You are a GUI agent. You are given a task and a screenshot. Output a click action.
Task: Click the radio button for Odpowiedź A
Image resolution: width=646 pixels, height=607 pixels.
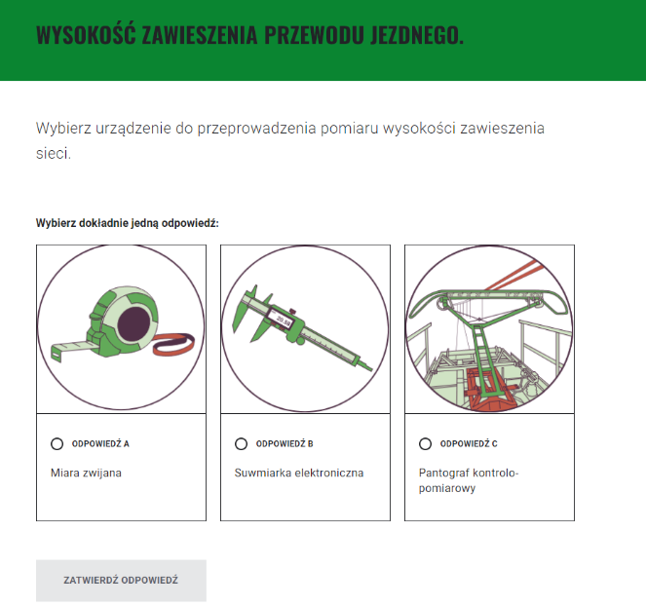(57, 444)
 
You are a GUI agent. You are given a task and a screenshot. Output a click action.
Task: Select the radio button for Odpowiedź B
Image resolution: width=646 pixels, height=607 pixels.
(242, 444)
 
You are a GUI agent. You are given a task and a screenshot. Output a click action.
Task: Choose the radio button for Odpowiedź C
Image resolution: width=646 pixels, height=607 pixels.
(425, 444)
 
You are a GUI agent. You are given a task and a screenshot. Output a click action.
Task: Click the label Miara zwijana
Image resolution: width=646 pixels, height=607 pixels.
(86, 473)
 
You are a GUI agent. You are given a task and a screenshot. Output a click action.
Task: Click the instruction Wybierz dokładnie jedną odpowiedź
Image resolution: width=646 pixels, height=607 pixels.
(127, 223)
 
